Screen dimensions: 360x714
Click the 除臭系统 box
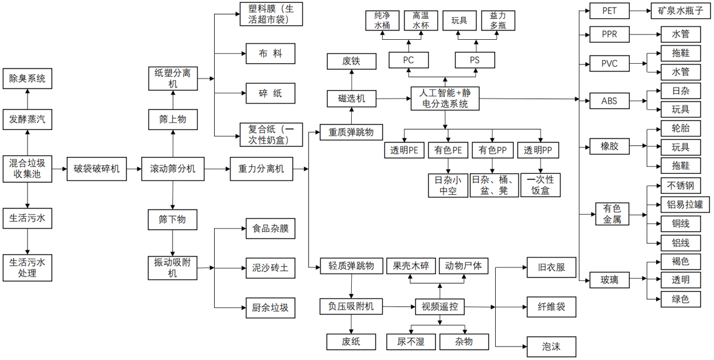[27, 78]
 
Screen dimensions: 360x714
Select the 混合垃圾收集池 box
[27, 169]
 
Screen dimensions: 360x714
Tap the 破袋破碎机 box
[97, 169]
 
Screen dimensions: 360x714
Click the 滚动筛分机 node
[173, 169]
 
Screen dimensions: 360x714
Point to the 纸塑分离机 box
[173, 78]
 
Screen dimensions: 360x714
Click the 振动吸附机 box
[173, 268]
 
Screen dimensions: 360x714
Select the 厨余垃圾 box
[270, 307]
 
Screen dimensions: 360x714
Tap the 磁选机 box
[352, 99]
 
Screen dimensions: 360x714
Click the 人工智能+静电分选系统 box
[445, 99]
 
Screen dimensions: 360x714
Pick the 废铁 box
[352, 60]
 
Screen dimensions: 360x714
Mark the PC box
[408, 60]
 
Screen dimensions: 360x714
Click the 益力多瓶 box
[498, 20]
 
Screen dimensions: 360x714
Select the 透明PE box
[404, 150]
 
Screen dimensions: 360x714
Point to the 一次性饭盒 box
[541, 184]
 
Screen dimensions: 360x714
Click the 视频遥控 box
[440, 306]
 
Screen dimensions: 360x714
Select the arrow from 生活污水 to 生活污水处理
[27, 241]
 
